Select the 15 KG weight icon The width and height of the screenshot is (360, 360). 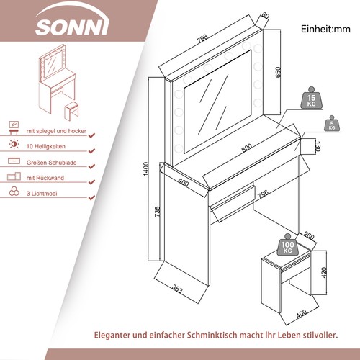(312, 100)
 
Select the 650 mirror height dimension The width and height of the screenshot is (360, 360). (279, 72)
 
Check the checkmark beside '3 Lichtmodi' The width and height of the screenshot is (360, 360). (91, 193)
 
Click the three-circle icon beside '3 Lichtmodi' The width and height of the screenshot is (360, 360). (14, 193)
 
